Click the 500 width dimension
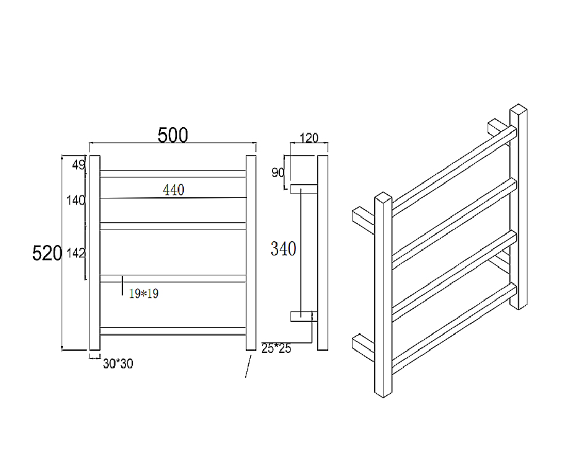[x=173, y=135]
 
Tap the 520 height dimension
[x=47, y=253]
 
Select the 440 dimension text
[x=173, y=190]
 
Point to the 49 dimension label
[x=78, y=165]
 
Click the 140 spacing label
[x=75, y=200]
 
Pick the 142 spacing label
[x=75, y=253]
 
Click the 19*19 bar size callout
[x=143, y=294]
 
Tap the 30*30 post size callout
[x=118, y=364]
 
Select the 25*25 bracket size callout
[x=276, y=348]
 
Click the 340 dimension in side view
[x=283, y=249]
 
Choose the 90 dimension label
[x=278, y=173]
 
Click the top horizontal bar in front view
[x=173, y=174]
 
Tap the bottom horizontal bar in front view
[x=173, y=331]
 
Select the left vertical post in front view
[x=94, y=253]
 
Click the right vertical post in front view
[x=251, y=253]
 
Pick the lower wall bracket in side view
[x=303, y=316]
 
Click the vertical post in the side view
[x=322, y=253]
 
